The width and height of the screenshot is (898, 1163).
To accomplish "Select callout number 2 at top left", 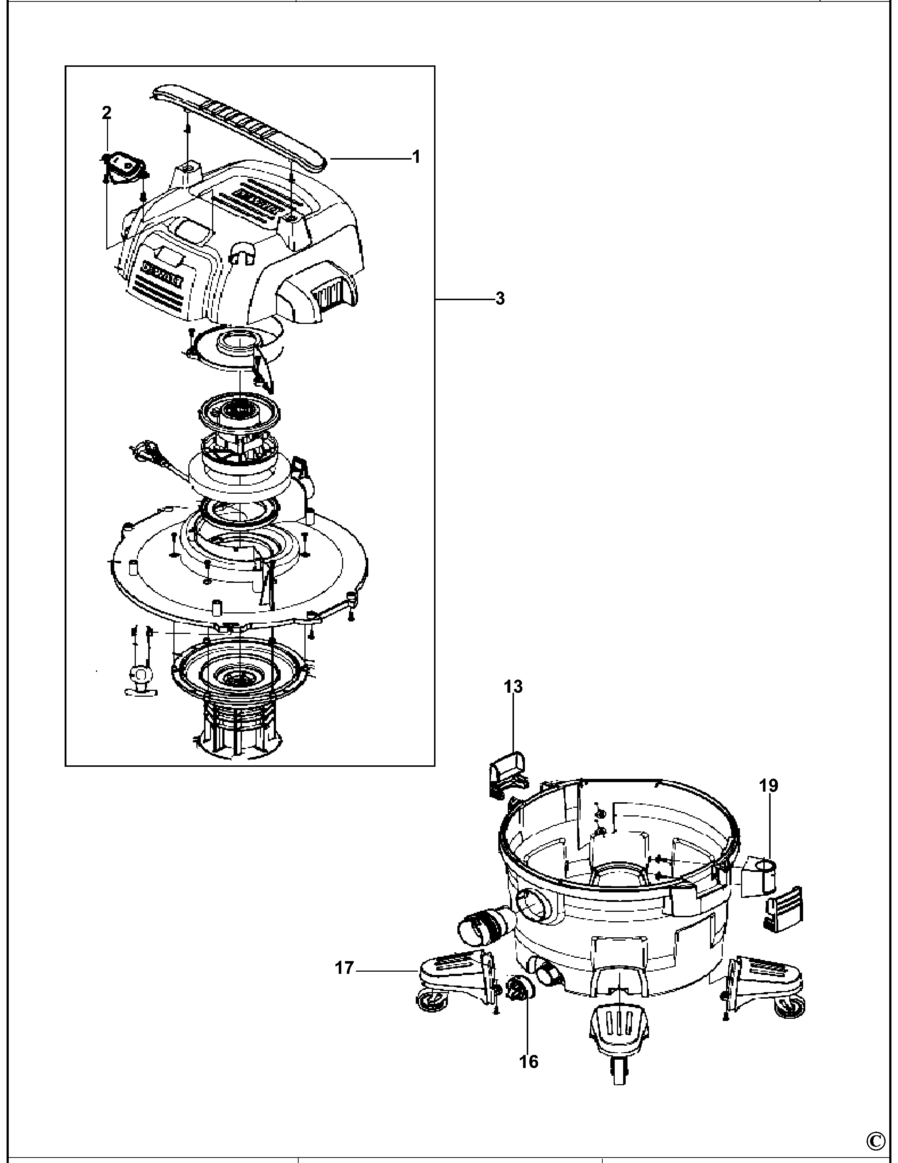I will point(107,113).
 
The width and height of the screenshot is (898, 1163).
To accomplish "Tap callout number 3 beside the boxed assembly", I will point(499,299).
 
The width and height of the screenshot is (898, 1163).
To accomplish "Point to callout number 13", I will point(513,686).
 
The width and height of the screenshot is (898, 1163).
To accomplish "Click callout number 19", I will point(769,785).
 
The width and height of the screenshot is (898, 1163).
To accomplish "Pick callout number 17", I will point(344,968).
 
